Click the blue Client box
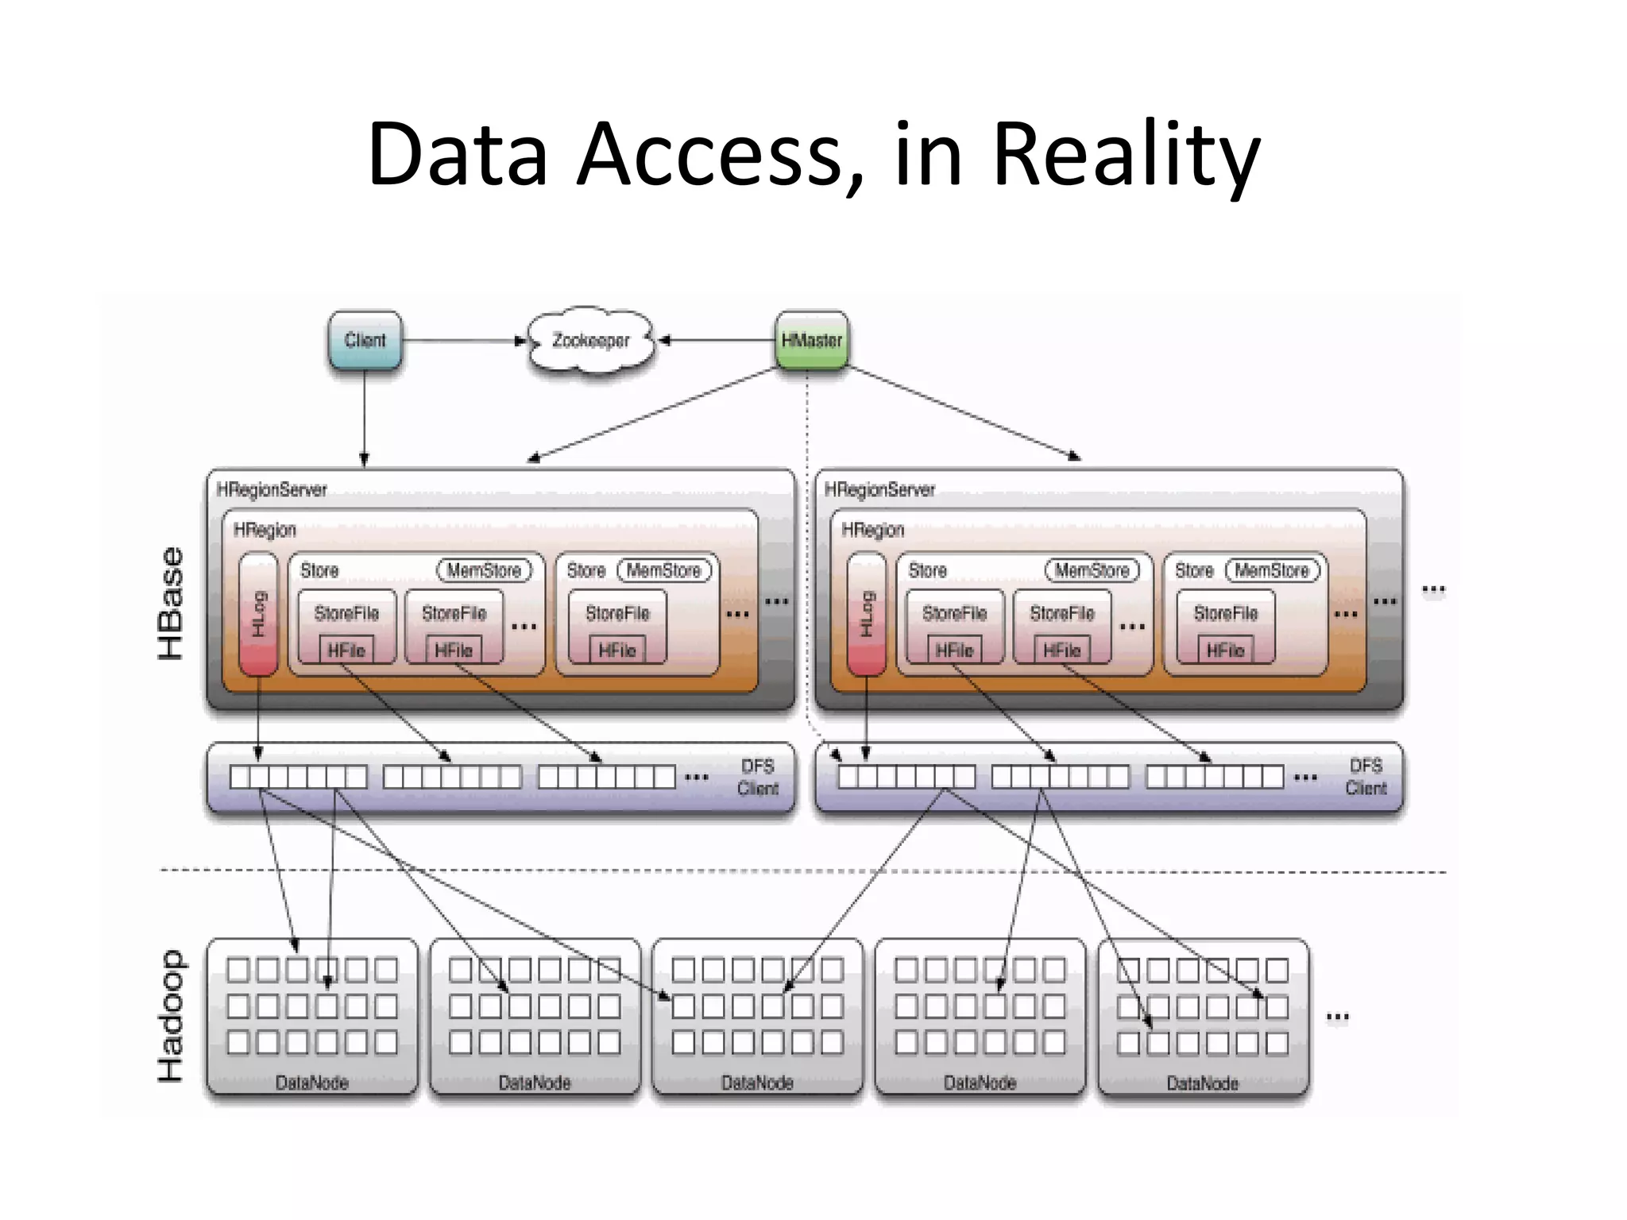click(365, 341)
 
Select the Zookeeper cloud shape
click(590, 341)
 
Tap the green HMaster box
click(811, 341)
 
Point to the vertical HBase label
click(171, 604)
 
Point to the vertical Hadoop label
click(171, 1016)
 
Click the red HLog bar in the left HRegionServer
click(258, 613)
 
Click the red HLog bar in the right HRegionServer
click(866, 613)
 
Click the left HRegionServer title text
click(272, 489)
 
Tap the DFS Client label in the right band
click(1366, 777)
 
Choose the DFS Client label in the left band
click(757, 777)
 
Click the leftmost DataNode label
click(311, 1083)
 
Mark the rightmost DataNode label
click(1202, 1083)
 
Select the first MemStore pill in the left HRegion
click(484, 570)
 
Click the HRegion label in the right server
click(872, 530)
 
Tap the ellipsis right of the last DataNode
click(1337, 1017)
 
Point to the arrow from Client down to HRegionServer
click(365, 417)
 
